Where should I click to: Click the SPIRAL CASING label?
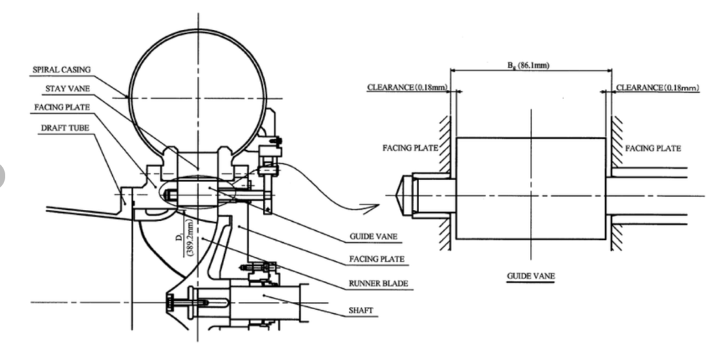[61, 70]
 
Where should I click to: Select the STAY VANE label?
[68, 89]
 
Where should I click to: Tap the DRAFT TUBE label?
[65, 128]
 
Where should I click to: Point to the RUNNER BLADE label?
[379, 283]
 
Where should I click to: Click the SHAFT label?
[360, 310]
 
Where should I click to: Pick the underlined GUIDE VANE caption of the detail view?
[531, 276]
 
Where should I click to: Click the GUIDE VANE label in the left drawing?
[374, 237]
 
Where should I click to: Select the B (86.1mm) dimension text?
[529, 66]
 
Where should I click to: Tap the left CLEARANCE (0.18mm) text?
[407, 87]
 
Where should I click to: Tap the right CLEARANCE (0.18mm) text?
[658, 87]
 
